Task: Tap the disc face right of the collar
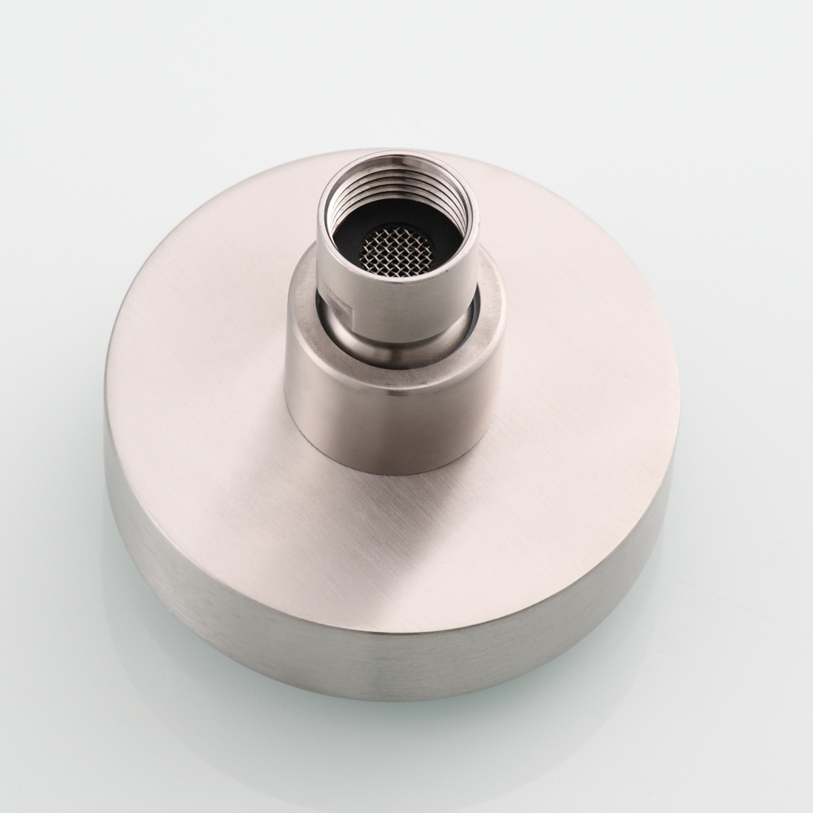585,366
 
